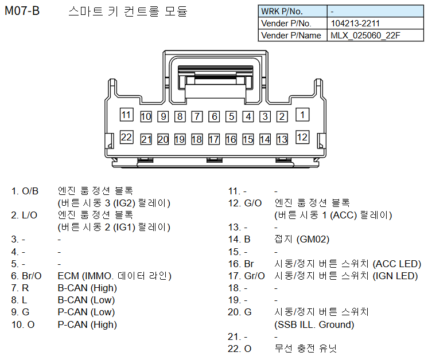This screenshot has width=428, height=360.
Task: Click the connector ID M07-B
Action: point(22,11)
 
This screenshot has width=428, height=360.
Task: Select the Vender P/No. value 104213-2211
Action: point(355,24)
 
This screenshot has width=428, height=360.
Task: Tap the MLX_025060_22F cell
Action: point(365,36)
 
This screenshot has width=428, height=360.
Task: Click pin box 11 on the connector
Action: point(126,114)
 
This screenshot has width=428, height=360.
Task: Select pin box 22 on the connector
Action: point(126,137)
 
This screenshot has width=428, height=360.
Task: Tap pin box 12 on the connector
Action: point(302,137)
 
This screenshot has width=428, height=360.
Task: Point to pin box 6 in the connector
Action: point(214,116)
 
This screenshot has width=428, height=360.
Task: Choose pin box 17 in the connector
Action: point(214,139)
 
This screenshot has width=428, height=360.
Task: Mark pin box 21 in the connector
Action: point(146,139)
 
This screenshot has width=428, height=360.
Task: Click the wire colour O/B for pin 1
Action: point(30,191)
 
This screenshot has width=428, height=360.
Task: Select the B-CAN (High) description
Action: point(87,288)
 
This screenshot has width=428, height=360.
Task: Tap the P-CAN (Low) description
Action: point(86,312)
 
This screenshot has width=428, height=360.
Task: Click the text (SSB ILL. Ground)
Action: point(314,324)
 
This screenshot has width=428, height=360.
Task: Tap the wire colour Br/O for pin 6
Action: point(33,276)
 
